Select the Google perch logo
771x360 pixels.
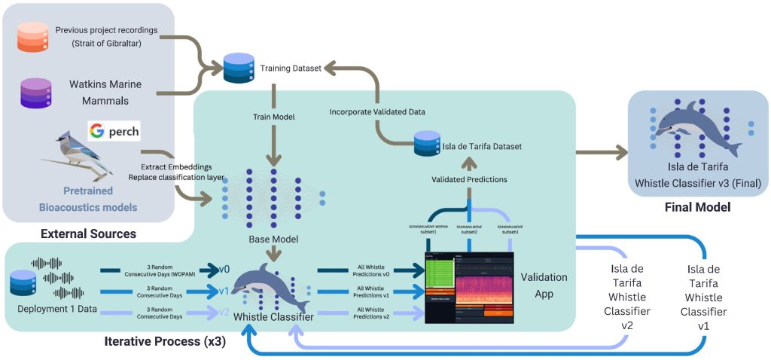pos(114,131)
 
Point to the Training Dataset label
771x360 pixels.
pos(291,69)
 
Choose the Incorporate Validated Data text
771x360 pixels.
pos(377,111)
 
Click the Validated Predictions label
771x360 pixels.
pos(468,179)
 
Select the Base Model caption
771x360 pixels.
pos(273,239)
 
